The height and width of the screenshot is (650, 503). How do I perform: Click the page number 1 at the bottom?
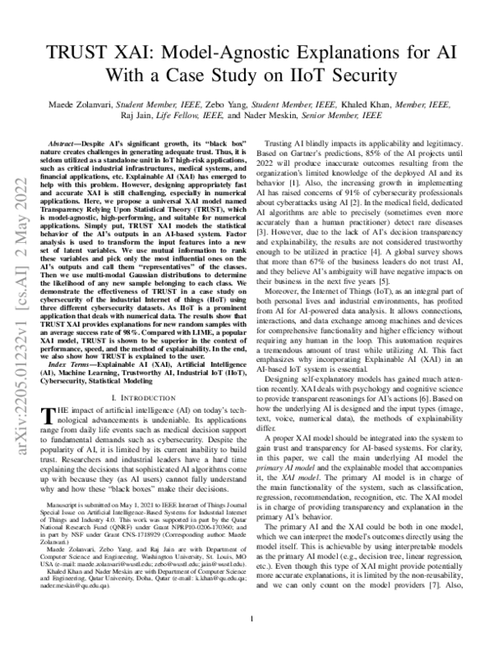tap(252, 621)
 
